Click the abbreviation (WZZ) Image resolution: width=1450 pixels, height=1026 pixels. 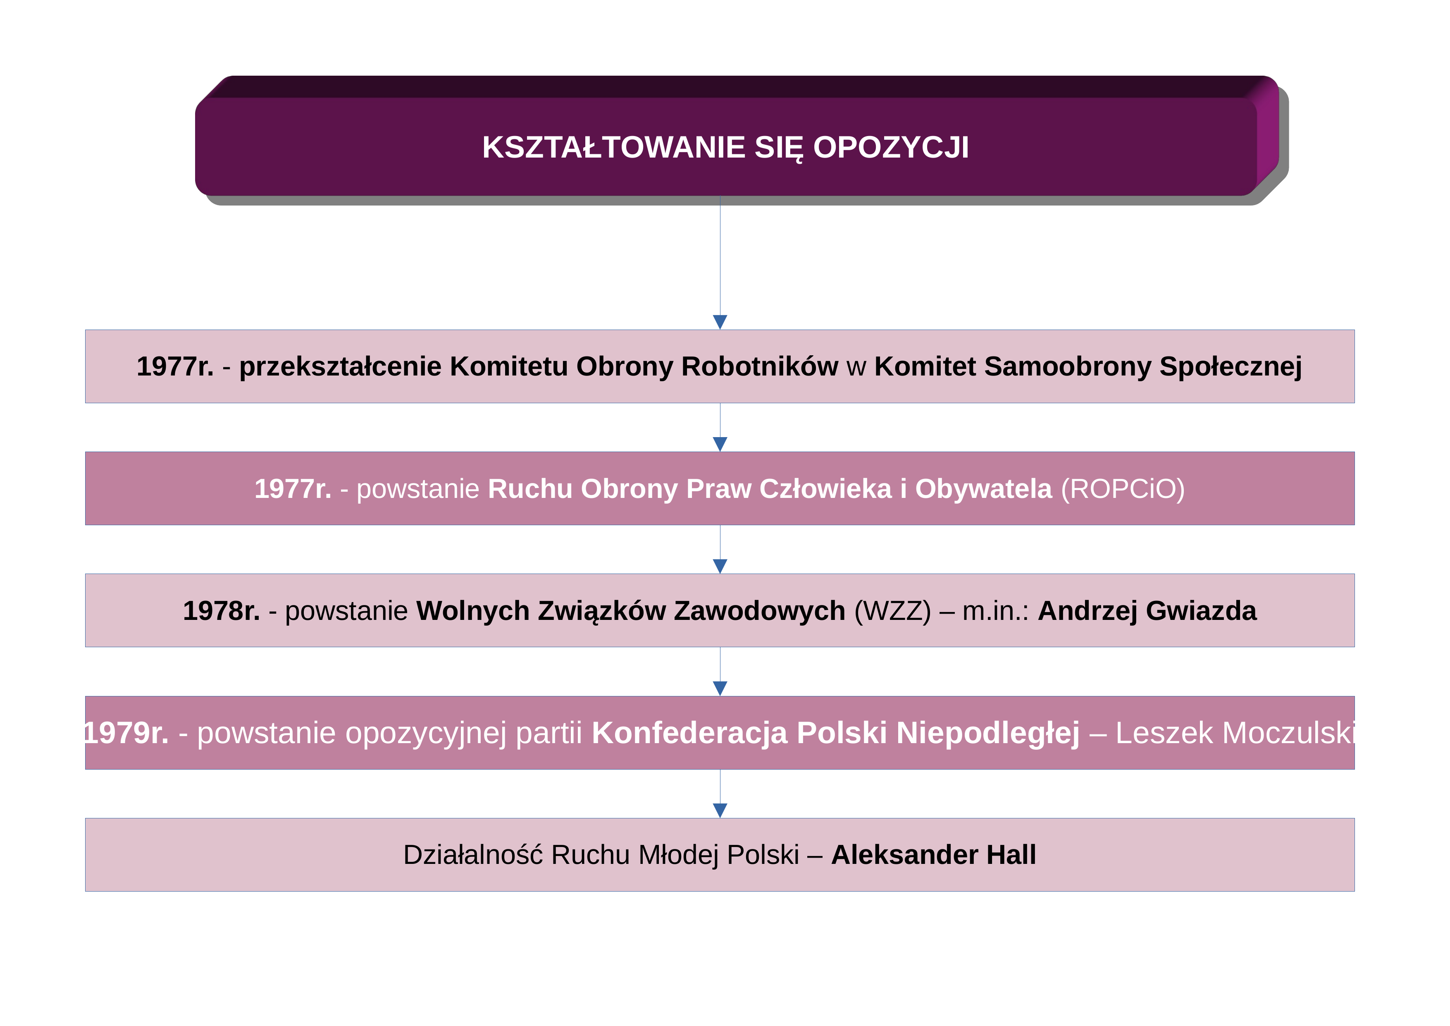(892, 611)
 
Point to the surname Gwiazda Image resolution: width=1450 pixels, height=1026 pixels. (1201, 611)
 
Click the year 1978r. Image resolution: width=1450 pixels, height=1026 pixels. (221, 611)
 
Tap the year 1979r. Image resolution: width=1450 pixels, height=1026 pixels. (127, 733)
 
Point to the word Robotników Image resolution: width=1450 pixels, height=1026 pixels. (760, 366)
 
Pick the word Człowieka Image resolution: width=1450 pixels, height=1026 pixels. (825, 489)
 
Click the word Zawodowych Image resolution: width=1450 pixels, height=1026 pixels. (760, 611)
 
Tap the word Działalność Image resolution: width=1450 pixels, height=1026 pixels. (473, 855)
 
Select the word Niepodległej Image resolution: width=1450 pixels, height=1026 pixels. (988, 733)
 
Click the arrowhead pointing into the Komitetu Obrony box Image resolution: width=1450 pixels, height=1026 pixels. (720, 322)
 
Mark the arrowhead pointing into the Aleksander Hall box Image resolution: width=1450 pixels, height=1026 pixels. (720, 811)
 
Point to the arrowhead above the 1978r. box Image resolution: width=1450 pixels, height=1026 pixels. (720, 566)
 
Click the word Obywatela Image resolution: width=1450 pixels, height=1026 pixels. (983, 489)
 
